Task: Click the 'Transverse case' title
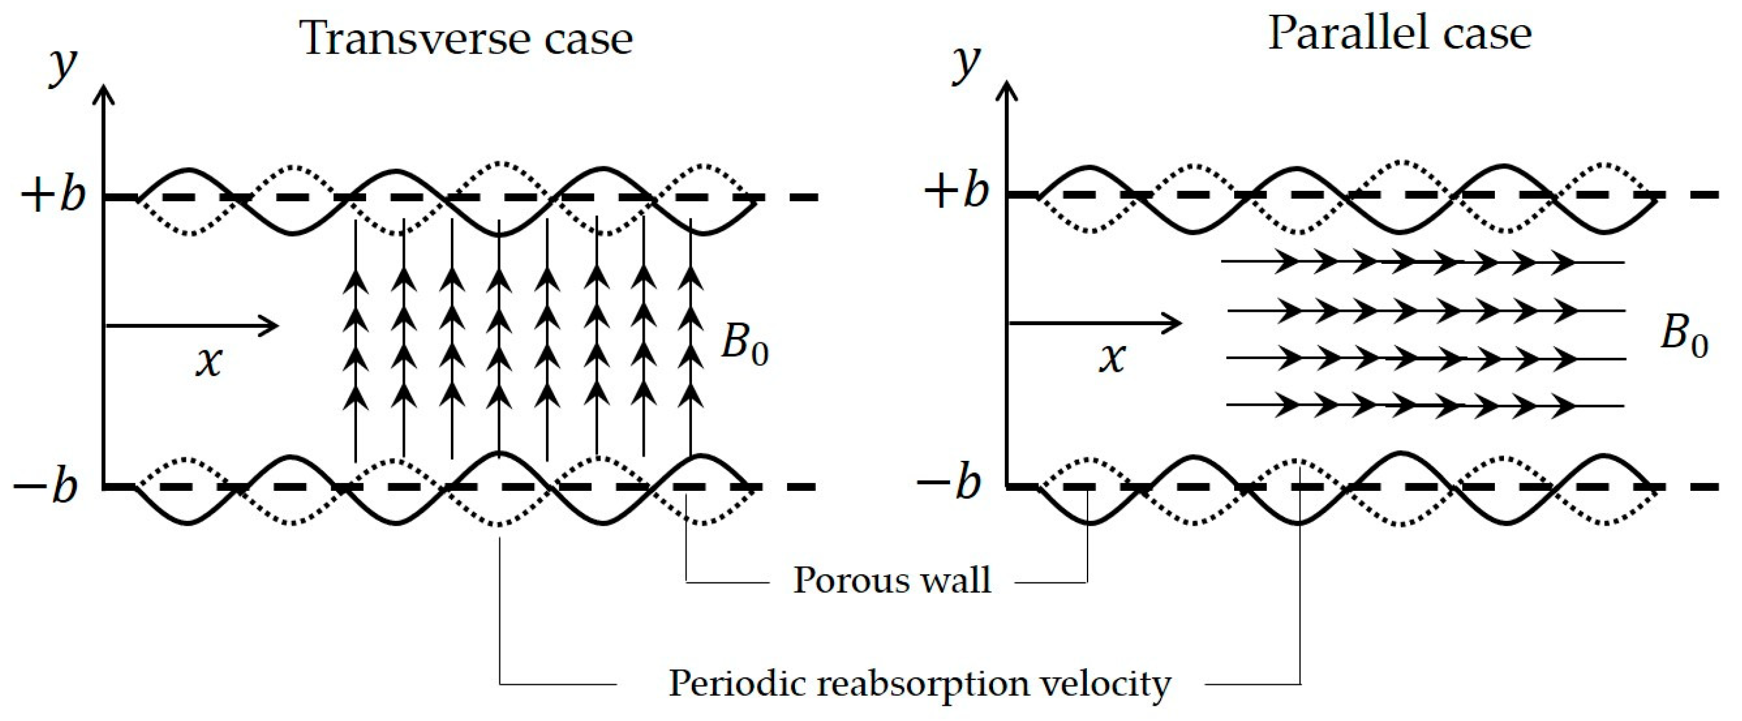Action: [x=467, y=39]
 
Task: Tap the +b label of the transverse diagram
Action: [x=53, y=196]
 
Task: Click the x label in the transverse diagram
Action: [x=209, y=362]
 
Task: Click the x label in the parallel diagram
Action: [x=1111, y=358]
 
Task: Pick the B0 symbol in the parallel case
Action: [x=1684, y=336]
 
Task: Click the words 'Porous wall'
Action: [x=891, y=581]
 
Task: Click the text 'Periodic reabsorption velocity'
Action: [x=919, y=684]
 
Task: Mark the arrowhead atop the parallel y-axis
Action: [x=1008, y=91]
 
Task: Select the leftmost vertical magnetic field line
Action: [x=356, y=338]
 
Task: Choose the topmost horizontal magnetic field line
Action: [x=1420, y=261]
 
